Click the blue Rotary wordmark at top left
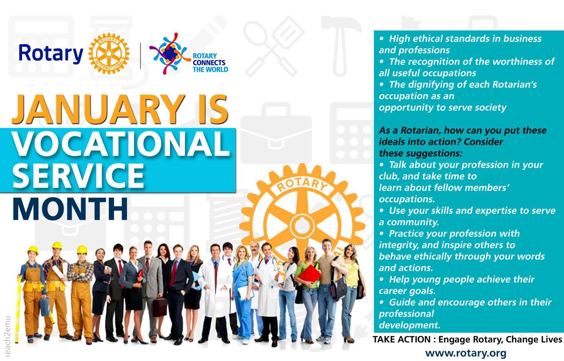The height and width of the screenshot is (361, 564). click(51, 54)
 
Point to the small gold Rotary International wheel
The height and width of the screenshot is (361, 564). click(109, 54)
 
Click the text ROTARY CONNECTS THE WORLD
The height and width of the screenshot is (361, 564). click(210, 63)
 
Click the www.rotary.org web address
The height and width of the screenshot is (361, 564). click(466, 353)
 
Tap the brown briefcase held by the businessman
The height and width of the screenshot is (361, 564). click(160, 305)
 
